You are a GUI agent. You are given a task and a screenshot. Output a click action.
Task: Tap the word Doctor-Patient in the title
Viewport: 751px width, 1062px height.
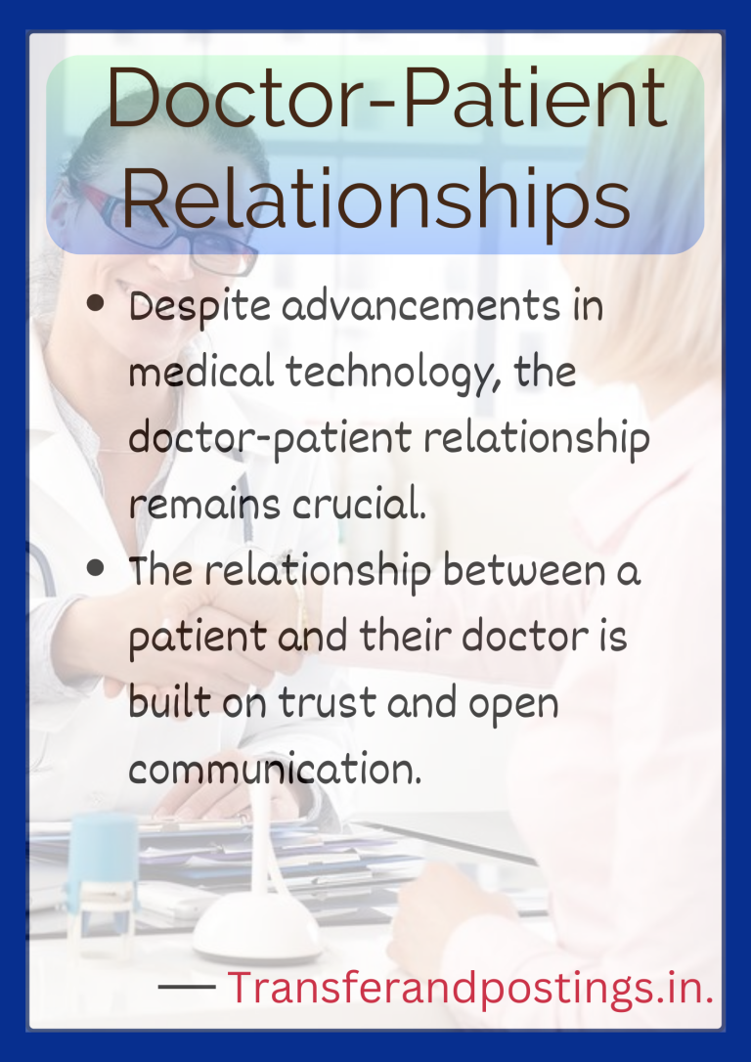click(x=386, y=102)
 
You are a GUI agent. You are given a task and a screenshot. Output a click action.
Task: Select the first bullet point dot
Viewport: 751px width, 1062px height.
click(x=96, y=304)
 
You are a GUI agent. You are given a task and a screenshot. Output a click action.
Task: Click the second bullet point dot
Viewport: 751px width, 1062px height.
click(x=96, y=568)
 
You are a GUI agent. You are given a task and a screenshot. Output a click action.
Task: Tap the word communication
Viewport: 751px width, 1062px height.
click(x=275, y=770)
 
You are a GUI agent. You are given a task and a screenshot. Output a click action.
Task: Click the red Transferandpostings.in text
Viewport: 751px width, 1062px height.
click(x=469, y=989)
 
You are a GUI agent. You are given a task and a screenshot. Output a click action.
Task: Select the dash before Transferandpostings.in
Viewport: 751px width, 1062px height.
click(x=187, y=988)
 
